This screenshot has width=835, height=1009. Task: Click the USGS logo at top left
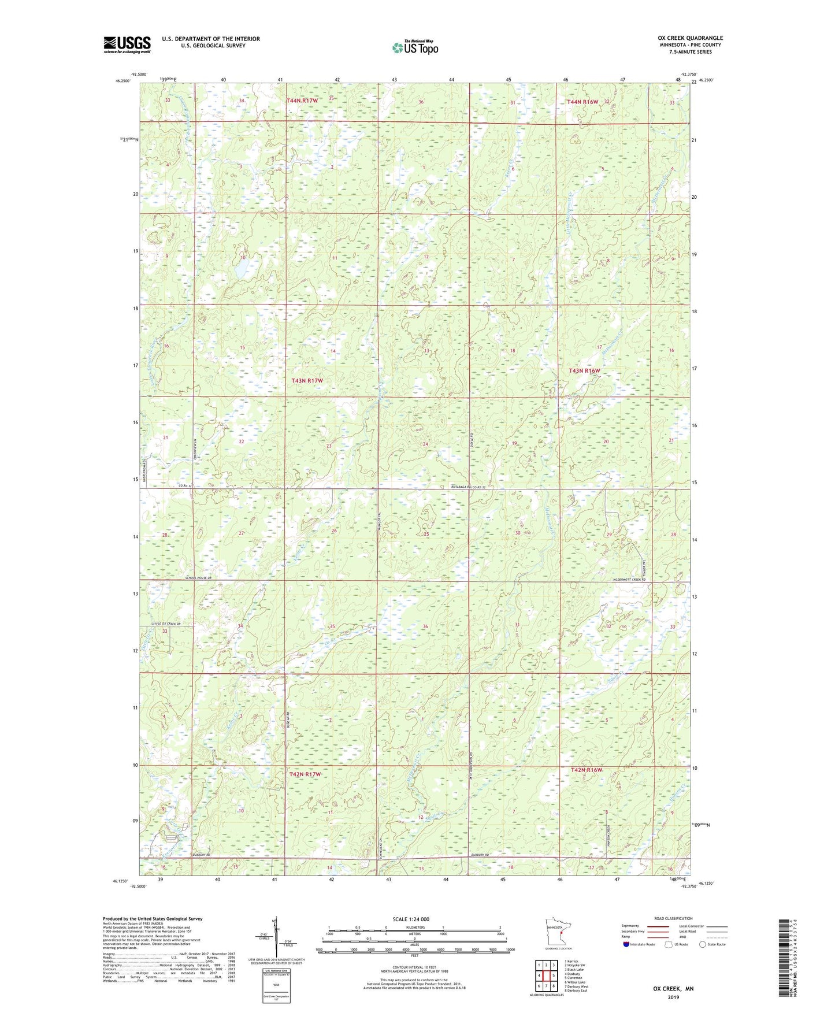pyautogui.click(x=127, y=44)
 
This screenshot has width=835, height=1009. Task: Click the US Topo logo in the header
pyautogui.click(x=415, y=47)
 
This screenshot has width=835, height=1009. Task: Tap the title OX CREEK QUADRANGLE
pyautogui.click(x=686, y=38)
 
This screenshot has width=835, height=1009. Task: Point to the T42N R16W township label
pyautogui.click(x=586, y=770)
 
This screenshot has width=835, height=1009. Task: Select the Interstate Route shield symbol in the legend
pyautogui.click(x=626, y=944)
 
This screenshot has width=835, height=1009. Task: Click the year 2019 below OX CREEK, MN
pyautogui.click(x=673, y=997)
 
